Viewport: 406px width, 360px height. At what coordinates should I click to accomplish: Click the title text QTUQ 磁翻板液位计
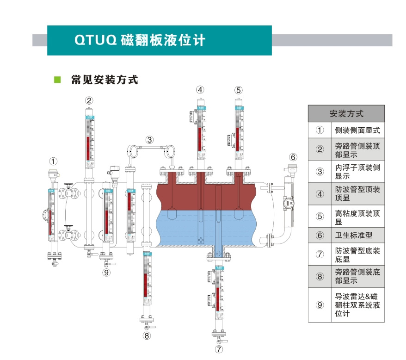click(x=140, y=40)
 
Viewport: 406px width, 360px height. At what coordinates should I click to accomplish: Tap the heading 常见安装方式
click(x=104, y=80)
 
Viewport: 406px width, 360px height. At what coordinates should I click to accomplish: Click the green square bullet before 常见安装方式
click(x=58, y=80)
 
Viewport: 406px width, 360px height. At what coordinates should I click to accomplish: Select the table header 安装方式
click(x=346, y=113)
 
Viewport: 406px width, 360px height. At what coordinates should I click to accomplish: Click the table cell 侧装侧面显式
click(x=357, y=130)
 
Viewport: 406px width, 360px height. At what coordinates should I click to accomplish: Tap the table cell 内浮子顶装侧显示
click(x=357, y=171)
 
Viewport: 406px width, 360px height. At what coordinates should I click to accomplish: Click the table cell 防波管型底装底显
click(x=357, y=255)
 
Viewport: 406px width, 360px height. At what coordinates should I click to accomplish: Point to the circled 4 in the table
click(x=320, y=194)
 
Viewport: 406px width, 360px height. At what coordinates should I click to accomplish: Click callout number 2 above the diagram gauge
click(x=89, y=100)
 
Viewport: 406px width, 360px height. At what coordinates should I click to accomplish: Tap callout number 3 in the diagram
click(x=150, y=139)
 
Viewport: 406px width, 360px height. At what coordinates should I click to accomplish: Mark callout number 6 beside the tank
click(x=293, y=156)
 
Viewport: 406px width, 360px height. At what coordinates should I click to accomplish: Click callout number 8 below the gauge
click(x=147, y=335)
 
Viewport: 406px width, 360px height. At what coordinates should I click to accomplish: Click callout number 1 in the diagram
click(x=54, y=161)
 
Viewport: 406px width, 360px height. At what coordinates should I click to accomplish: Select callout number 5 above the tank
click(x=238, y=90)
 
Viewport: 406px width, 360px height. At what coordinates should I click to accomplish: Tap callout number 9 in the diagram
click(x=107, y=273)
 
